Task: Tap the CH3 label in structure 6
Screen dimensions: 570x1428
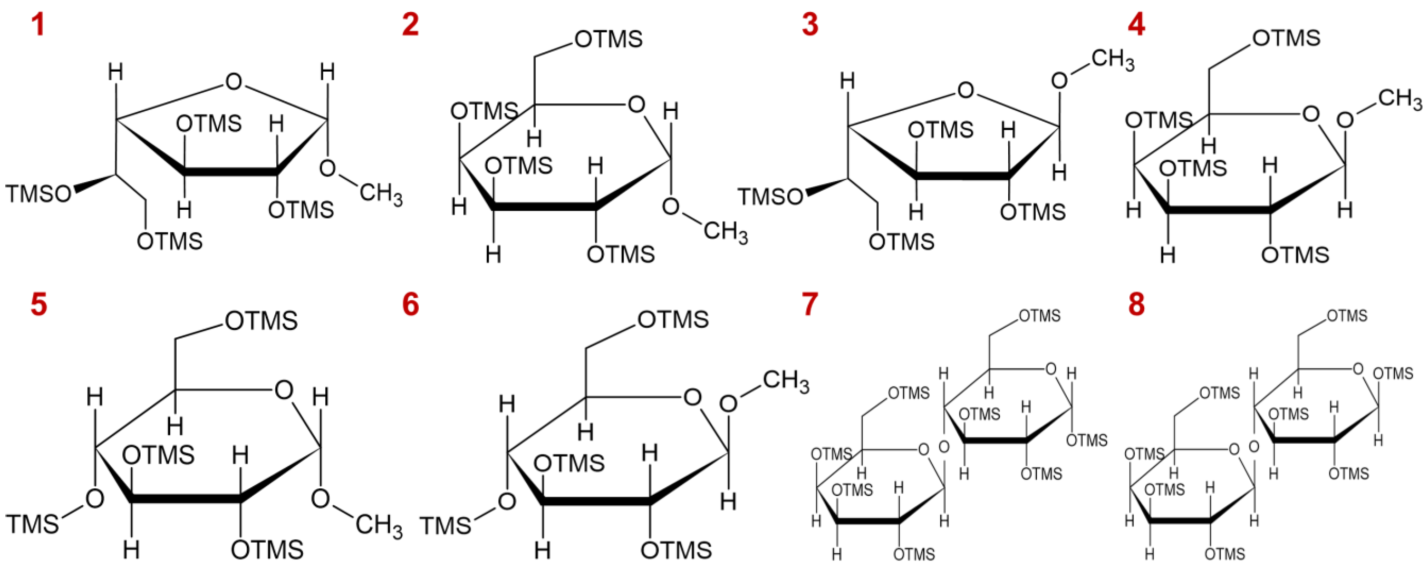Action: pos(786,382)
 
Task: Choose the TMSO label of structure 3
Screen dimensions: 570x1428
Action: pos(770,197)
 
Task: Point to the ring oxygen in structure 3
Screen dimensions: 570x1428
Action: pos(965,90)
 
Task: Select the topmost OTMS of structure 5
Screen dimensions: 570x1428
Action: pos(262,321)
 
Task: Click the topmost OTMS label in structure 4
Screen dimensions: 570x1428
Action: pos(1286,38)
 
